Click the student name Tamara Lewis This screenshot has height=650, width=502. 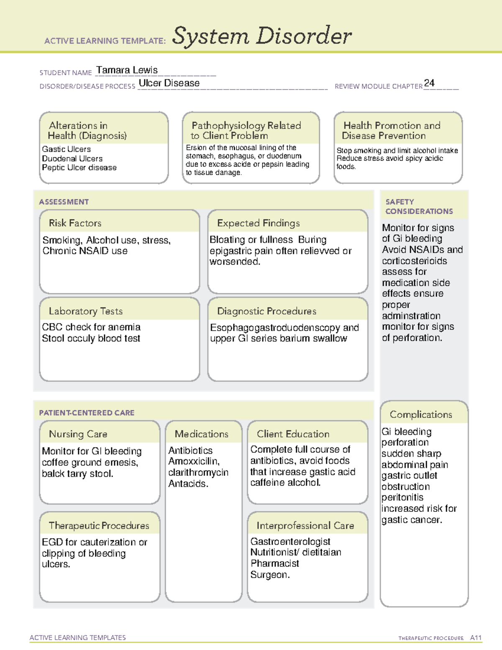(127, 70)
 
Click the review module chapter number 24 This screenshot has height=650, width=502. (429, 83)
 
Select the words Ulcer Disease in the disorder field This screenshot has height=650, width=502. (169, 83)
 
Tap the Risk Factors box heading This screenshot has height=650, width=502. (75, 223)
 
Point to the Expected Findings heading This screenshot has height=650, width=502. (258, 223)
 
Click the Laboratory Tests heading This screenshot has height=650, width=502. (86, 311)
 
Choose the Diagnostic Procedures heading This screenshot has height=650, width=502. (266, 311)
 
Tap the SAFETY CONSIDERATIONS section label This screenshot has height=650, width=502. (419, 207)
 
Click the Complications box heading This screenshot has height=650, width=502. (421, 414)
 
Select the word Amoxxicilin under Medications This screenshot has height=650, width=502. (194, 461)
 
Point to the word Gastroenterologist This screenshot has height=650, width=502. (290, 542)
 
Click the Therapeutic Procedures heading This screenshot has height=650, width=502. (99, 525)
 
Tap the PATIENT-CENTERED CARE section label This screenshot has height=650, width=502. (87, 413)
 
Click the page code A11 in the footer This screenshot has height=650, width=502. (476, 638)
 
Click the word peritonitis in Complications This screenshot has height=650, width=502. (402, 497)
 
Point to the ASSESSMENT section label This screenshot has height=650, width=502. (64, 202)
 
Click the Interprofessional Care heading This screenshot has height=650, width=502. (305, 525)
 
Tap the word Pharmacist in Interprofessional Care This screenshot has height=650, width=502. (274, 563)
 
